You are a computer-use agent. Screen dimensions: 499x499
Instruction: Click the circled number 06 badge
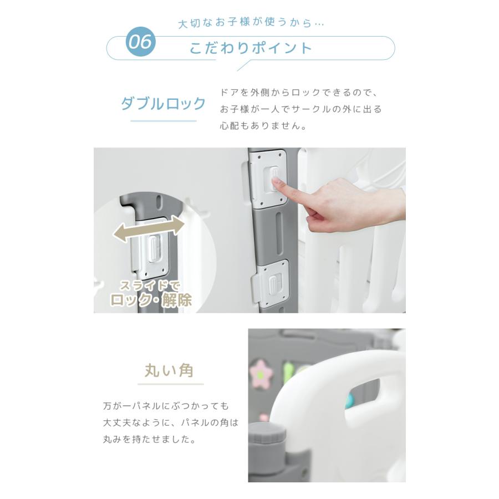141,42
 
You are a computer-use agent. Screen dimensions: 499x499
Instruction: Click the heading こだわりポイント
251,48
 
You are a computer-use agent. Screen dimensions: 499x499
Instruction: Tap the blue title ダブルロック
163,104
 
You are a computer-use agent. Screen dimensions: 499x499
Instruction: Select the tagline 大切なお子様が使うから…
251,23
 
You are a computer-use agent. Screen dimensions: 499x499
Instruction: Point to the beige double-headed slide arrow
149,228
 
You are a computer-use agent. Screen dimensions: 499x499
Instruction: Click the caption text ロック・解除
151,300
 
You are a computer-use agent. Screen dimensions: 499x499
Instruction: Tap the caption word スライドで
150,285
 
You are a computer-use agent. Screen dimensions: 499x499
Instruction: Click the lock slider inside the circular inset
154,249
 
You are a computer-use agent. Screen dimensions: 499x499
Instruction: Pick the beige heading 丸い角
169,370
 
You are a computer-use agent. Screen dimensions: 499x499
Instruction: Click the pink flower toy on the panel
261,374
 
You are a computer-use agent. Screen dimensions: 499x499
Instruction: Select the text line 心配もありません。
263,126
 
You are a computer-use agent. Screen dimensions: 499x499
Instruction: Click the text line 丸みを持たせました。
149,440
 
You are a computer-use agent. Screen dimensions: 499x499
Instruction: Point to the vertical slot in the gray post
278,233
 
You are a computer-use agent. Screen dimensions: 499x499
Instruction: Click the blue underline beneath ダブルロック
163,121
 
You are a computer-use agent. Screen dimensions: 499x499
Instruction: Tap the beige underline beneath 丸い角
171,384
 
